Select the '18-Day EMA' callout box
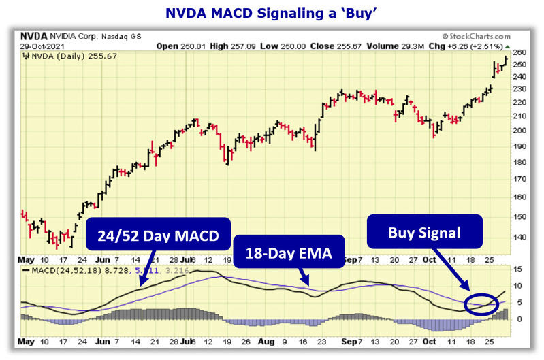pos(289,253)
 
